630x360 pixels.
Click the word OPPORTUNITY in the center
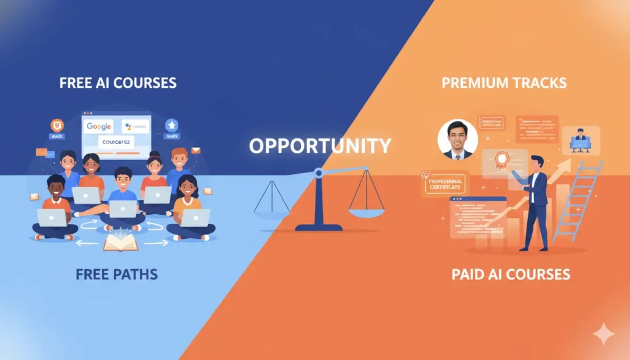(320, 146)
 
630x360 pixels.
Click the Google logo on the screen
(99, 126)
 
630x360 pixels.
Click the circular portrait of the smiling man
(457, 139)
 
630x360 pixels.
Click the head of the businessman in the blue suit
(533, 162)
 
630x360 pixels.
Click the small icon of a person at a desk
(579, 139)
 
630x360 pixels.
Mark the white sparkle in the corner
(603, 334)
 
